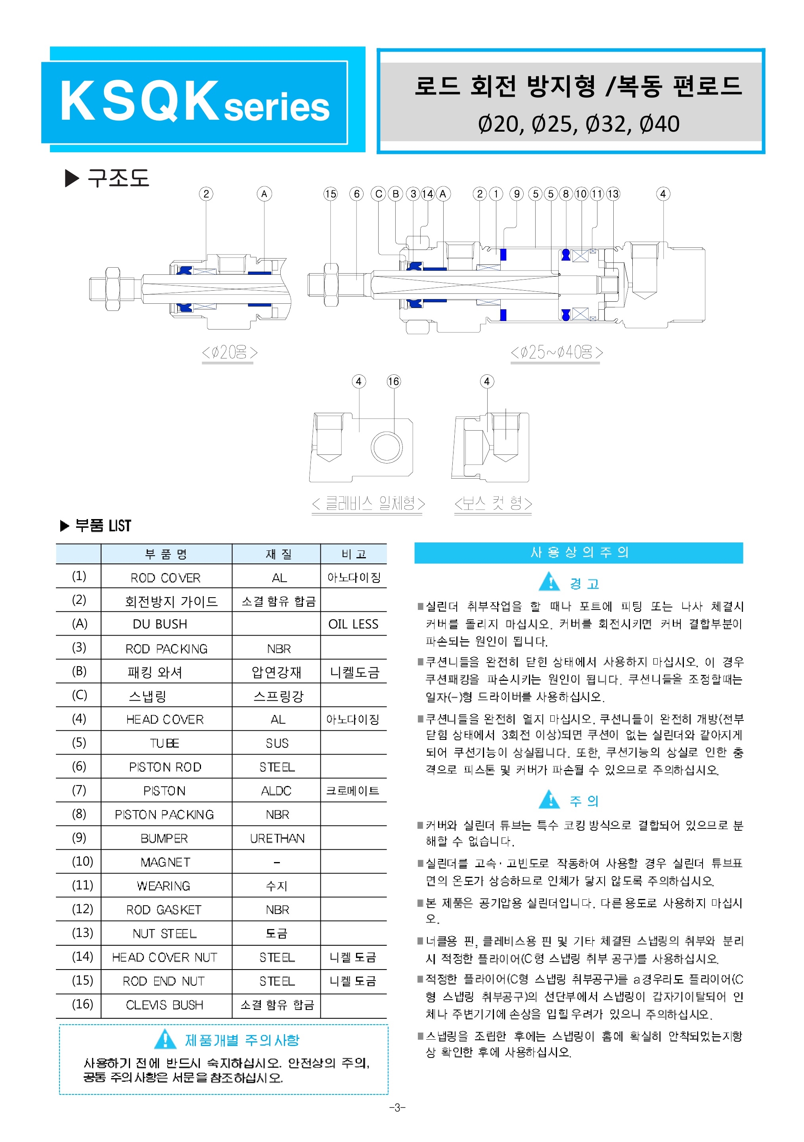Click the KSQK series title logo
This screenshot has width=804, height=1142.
194,102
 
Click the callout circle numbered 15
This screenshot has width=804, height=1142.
330,194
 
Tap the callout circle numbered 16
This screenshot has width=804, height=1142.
393,381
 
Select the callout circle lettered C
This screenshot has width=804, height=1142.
378,194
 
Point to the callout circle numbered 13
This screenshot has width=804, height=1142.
613,194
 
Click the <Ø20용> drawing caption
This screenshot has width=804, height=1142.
229,353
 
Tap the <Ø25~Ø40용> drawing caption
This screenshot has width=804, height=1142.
556,353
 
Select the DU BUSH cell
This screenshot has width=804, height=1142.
160,624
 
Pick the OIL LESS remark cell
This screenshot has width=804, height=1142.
354,624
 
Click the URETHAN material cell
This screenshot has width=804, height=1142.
277,839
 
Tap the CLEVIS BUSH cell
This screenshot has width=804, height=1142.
165,1005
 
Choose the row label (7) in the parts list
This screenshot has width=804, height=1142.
79,790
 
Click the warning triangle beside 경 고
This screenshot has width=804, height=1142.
549,581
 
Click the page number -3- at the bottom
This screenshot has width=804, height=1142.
397,1108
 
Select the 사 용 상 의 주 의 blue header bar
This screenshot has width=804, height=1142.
579,553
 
